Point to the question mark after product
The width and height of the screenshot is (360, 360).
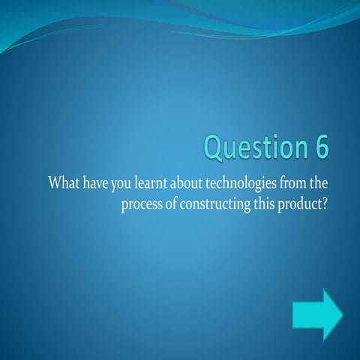(324, 204)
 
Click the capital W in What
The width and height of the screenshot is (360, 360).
(55, 184)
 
